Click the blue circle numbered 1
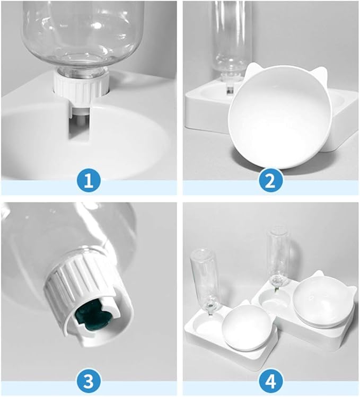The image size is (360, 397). point(89,181)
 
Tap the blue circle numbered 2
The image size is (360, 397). point(270,181)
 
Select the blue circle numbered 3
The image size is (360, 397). point(89,382)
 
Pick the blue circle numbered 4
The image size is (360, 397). point(270,382)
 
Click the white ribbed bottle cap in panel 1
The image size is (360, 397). point(81,85)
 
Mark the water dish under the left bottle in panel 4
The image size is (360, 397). point(206,324)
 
